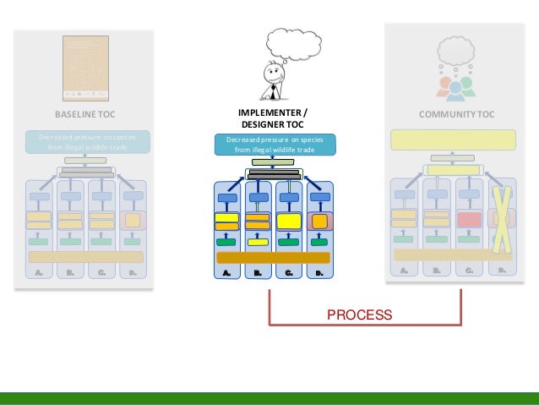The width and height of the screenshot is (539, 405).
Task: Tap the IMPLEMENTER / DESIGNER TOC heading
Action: pyautogui.click(x=273, y=119)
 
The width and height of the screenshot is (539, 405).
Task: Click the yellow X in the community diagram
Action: pyautogui.click(x=501, y=219)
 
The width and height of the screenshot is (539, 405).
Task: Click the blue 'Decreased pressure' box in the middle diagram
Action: pyautogui.click(x=273, y=145)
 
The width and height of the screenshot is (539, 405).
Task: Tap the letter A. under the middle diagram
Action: pyautogui.click(x=226, y=274)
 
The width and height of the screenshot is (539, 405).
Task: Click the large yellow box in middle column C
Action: pyautogui.click(x=289, y=222)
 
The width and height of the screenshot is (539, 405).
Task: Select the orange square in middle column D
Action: pyautogui.click(x=318, y=222)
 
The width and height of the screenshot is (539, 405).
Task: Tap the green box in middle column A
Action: pyautogui.click(x=226, y=243)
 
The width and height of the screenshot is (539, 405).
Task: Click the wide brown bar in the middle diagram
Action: pyautogui.click(x=273, y=258)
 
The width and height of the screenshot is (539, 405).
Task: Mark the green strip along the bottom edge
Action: pyautogui.click(x=269, y=398)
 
